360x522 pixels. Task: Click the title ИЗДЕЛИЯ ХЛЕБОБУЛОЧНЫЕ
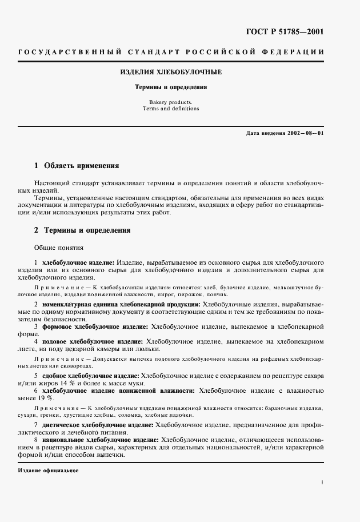click(x=171, y=73)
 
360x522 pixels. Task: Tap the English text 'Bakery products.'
click(x=171, y=102)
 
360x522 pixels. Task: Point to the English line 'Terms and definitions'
click(x=171, y=109)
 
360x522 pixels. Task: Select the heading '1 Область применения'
click(x=77, y=166)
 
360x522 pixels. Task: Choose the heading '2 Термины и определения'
click(x=82, y=230)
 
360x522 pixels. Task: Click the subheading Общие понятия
click(x=59, y=248)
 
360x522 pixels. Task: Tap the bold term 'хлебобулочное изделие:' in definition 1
click(x=78, y=261)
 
